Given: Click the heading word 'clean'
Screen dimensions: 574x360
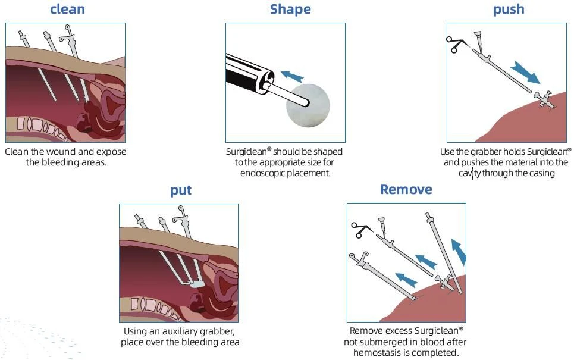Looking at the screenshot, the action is pyautogui.click(x=67, y=9).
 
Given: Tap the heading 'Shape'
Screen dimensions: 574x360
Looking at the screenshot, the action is pyautogui.click(x=290, y=10).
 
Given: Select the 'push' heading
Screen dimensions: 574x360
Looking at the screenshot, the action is pyautogui.click(x=509, y=10).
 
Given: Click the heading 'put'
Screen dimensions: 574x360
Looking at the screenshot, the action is pyautogui.click(x=181, y=190).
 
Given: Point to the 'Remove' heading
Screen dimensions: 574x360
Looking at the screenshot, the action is pyautogui.click(x=406, y=189).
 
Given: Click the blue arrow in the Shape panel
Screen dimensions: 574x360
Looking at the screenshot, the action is pyautogui.click(x=292, y=76).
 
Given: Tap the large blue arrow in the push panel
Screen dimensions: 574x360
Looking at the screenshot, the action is pyautogui.click(x=525, y=73).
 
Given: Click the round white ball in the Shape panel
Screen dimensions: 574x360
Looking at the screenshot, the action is pyautogui.click(x=308, y=105).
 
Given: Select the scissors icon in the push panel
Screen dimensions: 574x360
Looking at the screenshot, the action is pyautogui.click(x=456, y=44).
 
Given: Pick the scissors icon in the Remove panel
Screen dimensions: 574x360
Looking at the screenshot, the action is pyautogui.click(x=361, y=230).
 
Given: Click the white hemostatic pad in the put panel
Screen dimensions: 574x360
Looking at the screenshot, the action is pyautogui.click(x=197, y=284).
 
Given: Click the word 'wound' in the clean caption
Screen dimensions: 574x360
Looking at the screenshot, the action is pyautogui.click(x=61, y=152).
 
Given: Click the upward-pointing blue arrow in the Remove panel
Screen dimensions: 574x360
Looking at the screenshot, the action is pyautogui.click(x=459, y=252).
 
